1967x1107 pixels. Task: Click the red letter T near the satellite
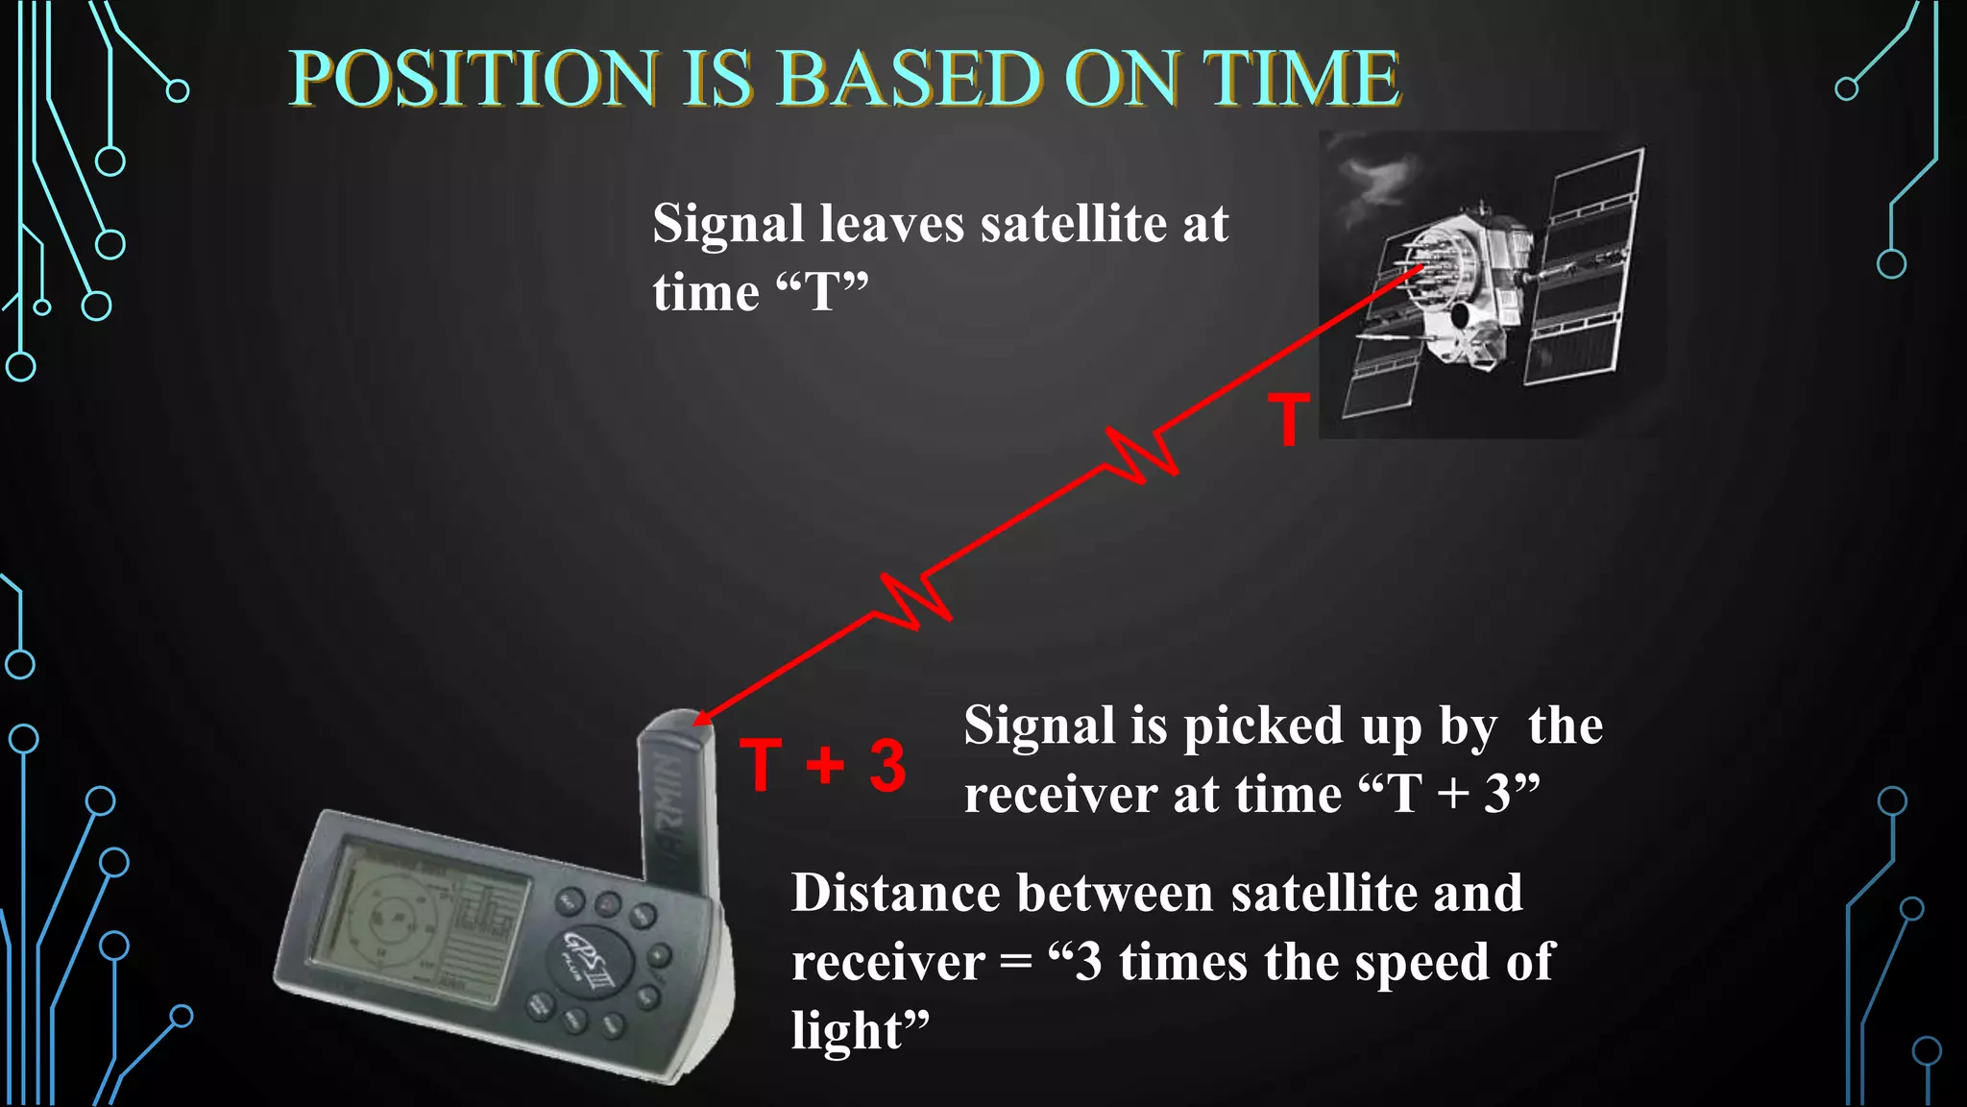pos(1288,420)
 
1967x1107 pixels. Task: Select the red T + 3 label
pos(823,766)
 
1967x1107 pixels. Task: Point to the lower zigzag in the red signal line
pos(915,601)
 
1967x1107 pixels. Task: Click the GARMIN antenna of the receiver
pos(676,798)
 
